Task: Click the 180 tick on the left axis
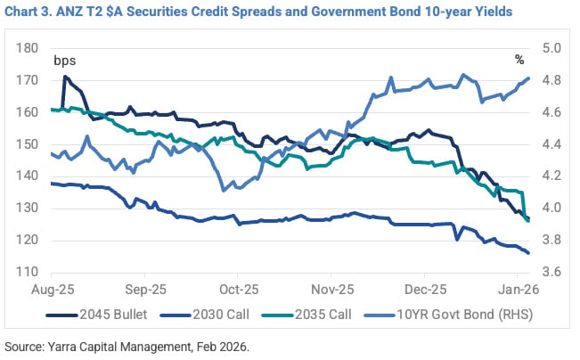pyautogui.click(x=28, y=48)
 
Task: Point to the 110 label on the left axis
pyautogui.click(x=28, y=272)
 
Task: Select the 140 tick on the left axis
pyautogui.click(x=28, y=176)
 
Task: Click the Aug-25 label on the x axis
pyautogui.click(x=52, y=290)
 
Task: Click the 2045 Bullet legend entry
pyautogui.click(x=111, y=315)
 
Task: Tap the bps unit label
pyautogui.click(x=65, y=61)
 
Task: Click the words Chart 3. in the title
pyautogui.click(x=31, y=12)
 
